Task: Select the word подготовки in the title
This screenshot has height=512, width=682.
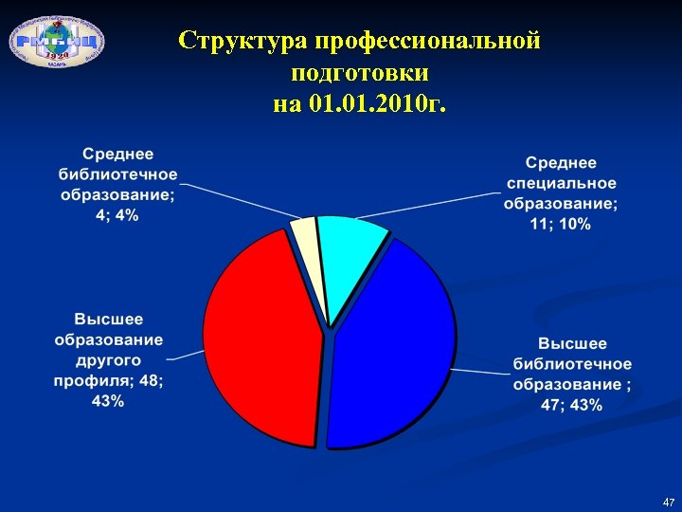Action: click(x=360, y=72)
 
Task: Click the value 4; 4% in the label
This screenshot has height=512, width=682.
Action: click(x=117, y=215)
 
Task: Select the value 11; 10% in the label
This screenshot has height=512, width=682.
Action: click(x=561, y=224)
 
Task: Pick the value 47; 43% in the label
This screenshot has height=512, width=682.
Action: click(x=572, y=406)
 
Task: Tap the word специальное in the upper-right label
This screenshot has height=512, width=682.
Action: click(x=562, y=183)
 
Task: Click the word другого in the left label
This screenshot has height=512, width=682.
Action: click(x=109, y=360)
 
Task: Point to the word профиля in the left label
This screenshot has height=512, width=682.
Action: click(x=95, y=380)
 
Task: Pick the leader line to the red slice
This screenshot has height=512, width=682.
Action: click(x=187, y=357)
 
